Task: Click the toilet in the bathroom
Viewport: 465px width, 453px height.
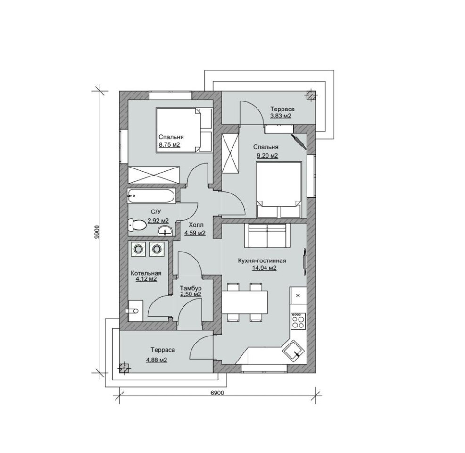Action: (x=137, y=225)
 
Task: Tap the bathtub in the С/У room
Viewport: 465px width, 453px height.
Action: (x=152, y=196)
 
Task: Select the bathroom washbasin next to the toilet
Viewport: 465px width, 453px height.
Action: (x=165, y=231)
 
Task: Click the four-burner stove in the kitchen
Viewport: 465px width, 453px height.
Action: (x=298, y=321)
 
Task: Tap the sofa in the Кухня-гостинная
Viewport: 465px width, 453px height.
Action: (x=267, y=236)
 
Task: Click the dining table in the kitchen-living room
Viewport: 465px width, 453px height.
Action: (x=245, y=302)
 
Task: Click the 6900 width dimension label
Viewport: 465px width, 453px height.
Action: (x=217, y=393)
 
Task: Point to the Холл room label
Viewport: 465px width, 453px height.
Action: (x=196, y=225)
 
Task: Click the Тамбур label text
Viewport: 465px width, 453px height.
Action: (x=191, y=288)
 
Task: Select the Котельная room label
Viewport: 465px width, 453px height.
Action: (x=146, y=273)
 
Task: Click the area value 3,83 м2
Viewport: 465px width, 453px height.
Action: (x=281, y=116)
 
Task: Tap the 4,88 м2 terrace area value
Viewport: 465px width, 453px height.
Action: (x=157, y=360)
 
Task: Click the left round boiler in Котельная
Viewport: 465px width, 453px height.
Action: (x=138, y=249)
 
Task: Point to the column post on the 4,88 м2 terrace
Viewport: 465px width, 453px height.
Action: (x=125, y=368)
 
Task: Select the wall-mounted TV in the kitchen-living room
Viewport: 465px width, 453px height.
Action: (x=304, y=260)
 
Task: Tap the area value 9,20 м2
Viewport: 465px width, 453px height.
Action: (x=267, y=155)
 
